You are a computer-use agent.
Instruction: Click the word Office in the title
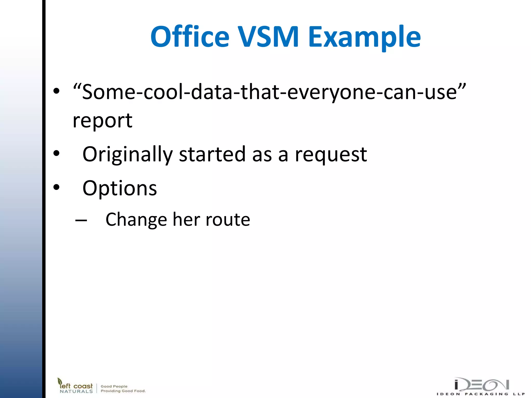tap(190, 37)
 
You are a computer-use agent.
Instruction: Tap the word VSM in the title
tap(269, 37)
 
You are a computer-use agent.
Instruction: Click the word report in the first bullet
tap(102, 121)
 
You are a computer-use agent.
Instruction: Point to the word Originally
tap(127, 154)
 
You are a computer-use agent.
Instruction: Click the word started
tap(212, 154)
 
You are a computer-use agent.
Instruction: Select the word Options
tap(120, 188)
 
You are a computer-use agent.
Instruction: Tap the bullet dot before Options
tap(56, 187)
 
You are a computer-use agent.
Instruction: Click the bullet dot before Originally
tap(56, 153)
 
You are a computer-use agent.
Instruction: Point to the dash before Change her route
tap(81, 221)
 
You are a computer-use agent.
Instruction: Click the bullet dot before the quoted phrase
tap(56, 91)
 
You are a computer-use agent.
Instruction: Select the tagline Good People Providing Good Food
tap(123, 389)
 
